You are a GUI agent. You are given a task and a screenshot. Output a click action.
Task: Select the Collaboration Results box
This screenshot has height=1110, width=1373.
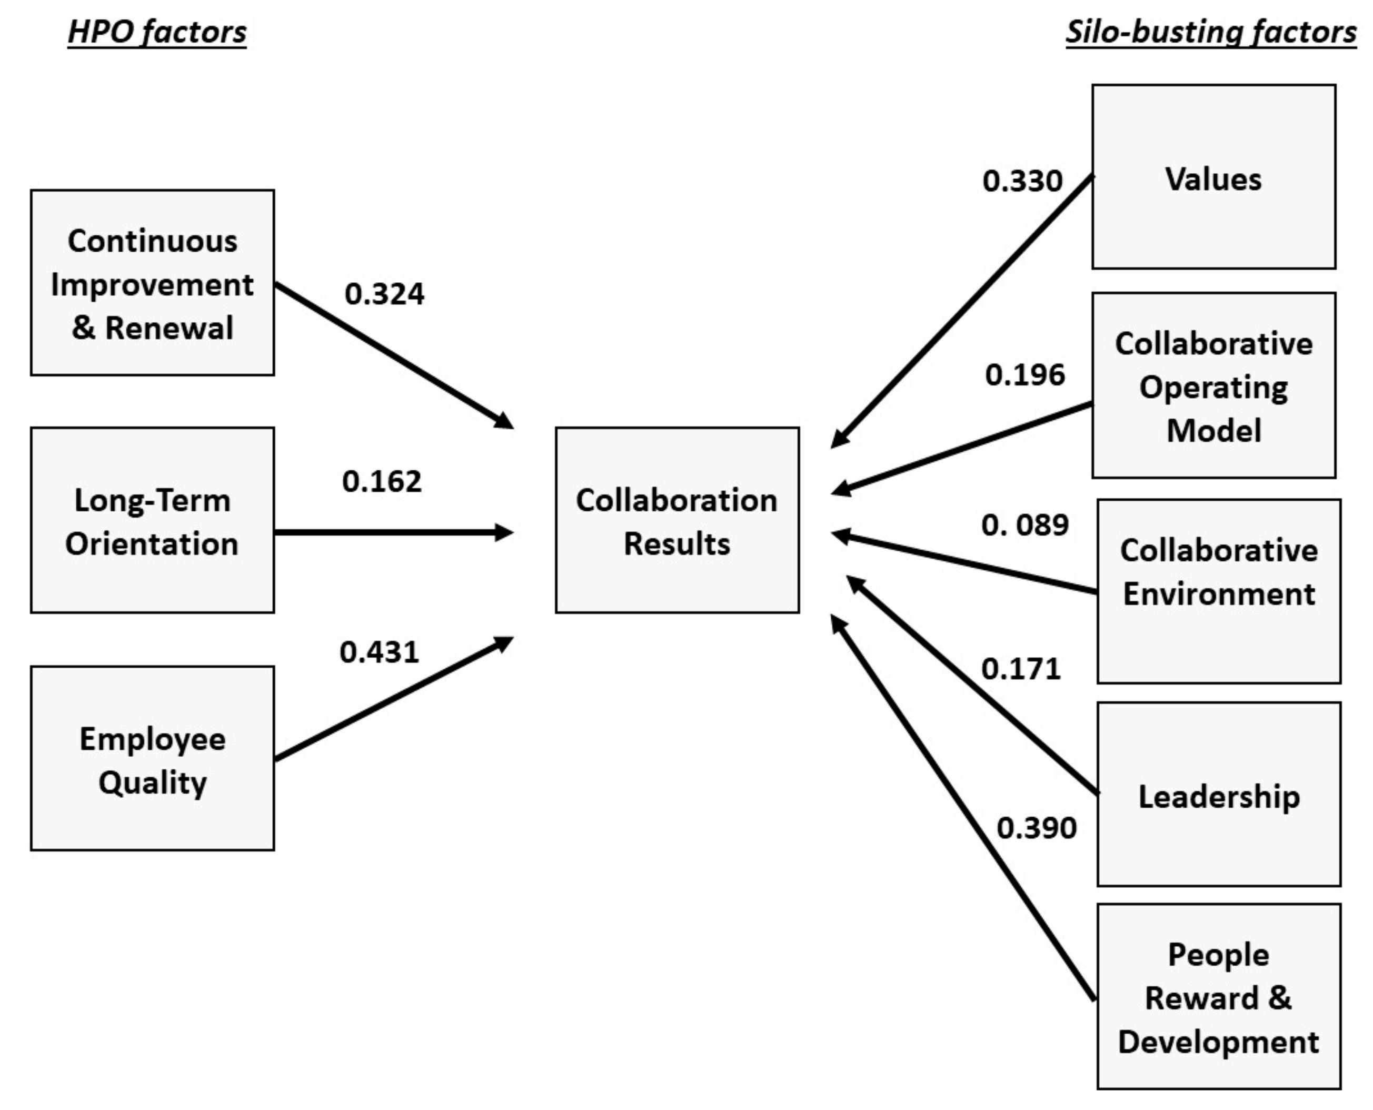(x=676, y=520)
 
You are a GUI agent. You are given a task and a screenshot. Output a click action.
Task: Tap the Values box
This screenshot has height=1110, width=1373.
(x=1212, y=177)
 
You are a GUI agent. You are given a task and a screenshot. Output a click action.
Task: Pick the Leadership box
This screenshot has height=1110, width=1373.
(x=1218, y=794)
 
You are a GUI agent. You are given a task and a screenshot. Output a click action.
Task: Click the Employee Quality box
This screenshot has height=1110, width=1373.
(x=152, y=758)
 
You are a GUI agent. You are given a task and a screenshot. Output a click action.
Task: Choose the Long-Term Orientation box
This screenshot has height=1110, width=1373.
(x=152, y=520)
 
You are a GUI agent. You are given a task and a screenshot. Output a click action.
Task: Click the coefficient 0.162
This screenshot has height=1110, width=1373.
(x=382, y=481)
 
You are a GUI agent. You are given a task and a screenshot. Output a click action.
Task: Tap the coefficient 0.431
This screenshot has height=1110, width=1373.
(x=379, y=651)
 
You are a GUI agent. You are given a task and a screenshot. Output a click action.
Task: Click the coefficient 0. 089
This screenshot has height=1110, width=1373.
(x=1024, y=524)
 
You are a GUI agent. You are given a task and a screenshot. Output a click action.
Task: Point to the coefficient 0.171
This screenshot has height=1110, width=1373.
(x=1021, y=668)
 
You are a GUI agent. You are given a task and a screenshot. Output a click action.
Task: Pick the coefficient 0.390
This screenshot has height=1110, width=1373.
(x=1036, y=827)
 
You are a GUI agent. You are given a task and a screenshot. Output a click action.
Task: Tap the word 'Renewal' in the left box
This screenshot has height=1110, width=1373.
(x=170, y=328)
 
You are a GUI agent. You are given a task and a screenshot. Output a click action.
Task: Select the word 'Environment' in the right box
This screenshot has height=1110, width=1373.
(x=1218, y=593)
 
